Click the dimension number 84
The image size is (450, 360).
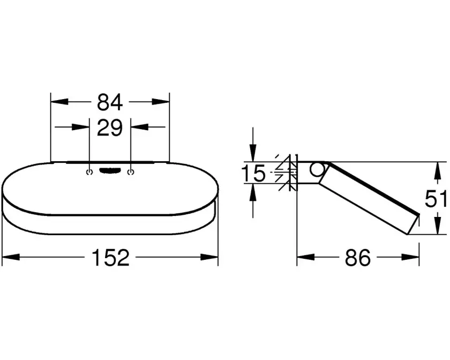click(x=110, y=102)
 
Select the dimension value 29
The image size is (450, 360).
click(x=110, y=127)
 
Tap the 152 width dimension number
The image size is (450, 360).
click(x=110, y=258)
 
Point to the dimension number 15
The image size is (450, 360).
click(x=253, y=173)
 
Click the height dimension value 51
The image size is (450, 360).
click(x=436, y=199)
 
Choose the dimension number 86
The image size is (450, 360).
click(x=358, y=258)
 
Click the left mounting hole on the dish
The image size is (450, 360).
click(x=89, y=172)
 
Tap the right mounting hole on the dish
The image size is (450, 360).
click(x=131, y=172)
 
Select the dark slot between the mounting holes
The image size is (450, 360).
click(x=110, y=170)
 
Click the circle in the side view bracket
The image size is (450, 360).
click(x=317, y=169)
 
